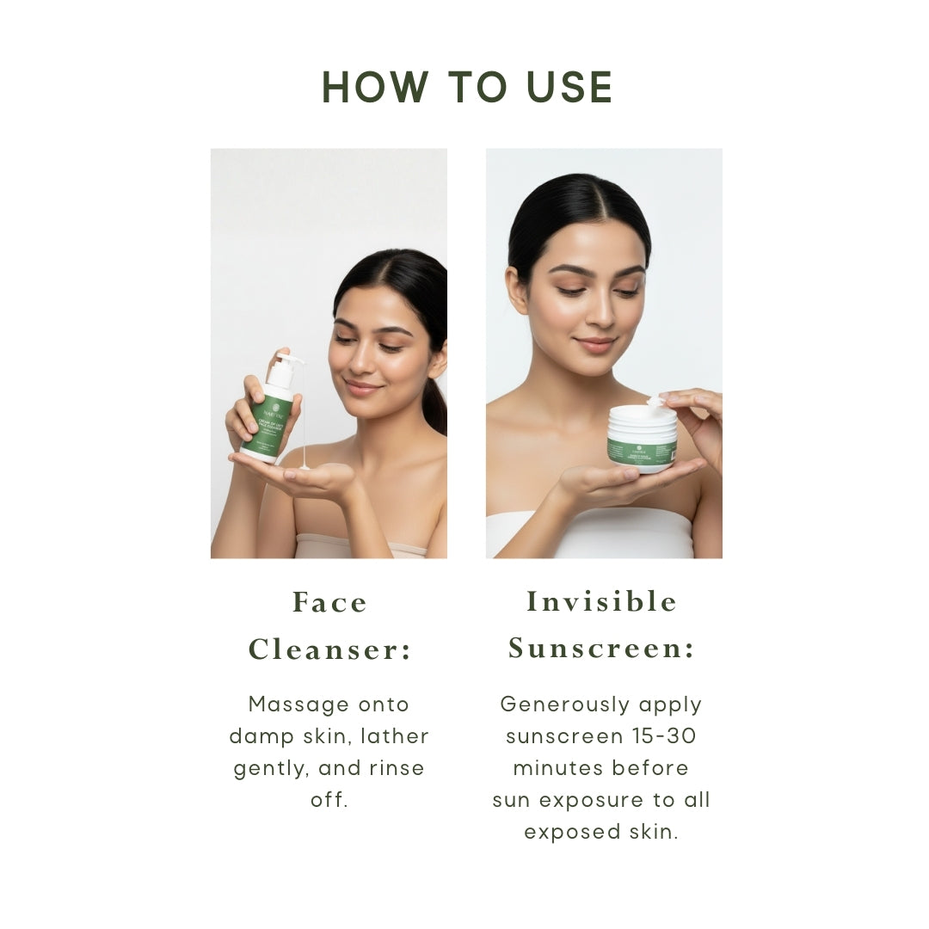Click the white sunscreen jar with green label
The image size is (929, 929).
click(x=642, y=439)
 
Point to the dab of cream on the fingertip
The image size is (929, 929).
click(x=655, y=401)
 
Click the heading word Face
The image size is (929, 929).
click(x=329, y=603)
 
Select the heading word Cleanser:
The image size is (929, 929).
click(x=329, y=650)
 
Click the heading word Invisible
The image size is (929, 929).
click(x=601, y=602)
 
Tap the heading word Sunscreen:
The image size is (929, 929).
click(x=601, y=649)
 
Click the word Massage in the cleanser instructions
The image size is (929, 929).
click(x=286, y=704)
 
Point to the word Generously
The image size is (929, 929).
click(x=557, y=704)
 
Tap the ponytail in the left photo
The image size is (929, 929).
click(x=435, y=404)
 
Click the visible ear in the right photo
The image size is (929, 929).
click(x=517, y=290)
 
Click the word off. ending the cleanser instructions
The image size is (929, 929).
click(x=329, y=800)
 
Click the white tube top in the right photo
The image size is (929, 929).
click(x=602, y=535)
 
